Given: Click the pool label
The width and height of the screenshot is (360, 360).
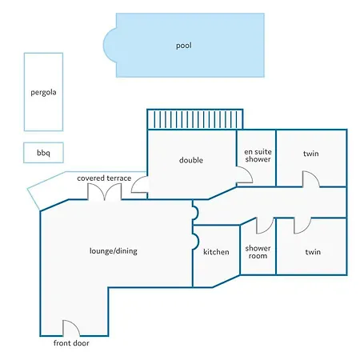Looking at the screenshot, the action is pyautogui.click(x=184, y=46).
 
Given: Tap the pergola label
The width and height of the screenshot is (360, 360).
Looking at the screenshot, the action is pyautogui.click(x=43, y=93).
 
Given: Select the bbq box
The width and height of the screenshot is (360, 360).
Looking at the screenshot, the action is pyautogui.click(x=43, y=153).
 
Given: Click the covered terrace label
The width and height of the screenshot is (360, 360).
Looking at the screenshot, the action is pyautogui.click(x=104, y=178).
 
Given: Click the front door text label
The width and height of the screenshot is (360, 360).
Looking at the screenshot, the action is pyautogui.click(x=71, y=343).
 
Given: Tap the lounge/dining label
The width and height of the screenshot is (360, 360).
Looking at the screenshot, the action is pyautogui.click(x=114, y=251).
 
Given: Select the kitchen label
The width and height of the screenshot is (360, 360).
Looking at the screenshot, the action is pyautogui.click(x=216, y=252).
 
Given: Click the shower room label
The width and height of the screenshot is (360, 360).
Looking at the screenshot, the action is pyautogui.click(x=258, y=252).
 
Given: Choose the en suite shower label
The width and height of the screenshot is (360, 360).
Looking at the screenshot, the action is pyautogui.click(x=258, y=155).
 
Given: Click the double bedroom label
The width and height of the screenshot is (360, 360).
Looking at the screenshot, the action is pyautogui.click(x=191, y=160).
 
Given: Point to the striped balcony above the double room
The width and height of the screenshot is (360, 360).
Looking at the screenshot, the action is pyautogui.click(x=195, y=119).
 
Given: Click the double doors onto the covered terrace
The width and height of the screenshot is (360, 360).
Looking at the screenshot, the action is pyautogui.click(x=105, y=191).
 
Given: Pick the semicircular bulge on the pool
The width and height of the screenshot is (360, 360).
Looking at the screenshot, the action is pyautogui.click(x=110, y=46).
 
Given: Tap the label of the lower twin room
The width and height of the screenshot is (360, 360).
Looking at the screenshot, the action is pyautogui.click(x=313, y=252).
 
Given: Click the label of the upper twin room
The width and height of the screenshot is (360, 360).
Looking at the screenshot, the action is pyautogui.click(x=311, y=154).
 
